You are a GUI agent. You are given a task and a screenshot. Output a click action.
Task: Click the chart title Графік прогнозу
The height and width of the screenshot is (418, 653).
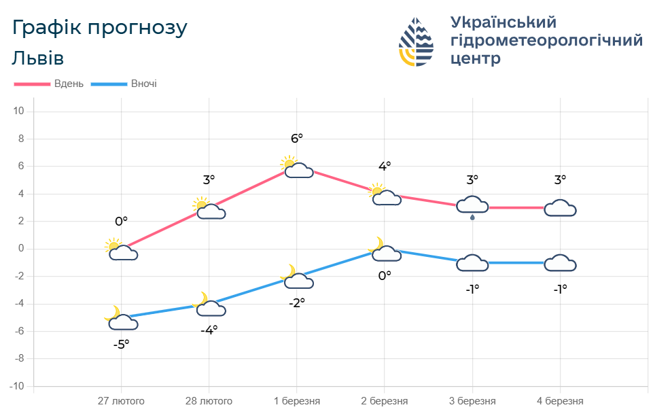pos(99,28)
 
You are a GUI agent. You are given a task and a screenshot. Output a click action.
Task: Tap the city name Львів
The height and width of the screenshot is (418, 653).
pos(38,58)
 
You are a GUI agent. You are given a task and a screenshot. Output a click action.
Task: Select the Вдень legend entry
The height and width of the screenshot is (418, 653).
pos(49,84)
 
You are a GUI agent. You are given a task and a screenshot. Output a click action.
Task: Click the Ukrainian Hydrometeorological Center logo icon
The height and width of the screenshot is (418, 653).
pos(416,41)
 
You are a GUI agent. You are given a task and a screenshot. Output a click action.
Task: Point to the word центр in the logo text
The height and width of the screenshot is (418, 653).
pos(476,58)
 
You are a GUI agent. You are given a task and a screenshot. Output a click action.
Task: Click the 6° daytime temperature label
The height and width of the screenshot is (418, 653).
pos(297,138)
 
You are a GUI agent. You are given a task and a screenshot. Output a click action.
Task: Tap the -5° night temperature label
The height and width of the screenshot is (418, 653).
pos(121,345)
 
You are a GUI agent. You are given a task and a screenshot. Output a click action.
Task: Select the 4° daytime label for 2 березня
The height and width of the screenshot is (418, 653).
pos(385,166)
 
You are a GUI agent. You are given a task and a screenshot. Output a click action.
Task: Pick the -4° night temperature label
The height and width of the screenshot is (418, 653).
pos(209,330)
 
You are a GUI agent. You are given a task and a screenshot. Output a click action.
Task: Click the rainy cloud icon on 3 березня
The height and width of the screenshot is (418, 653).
pos(472,207)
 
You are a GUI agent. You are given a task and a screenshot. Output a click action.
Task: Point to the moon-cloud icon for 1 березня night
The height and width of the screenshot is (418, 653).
pos(298,277)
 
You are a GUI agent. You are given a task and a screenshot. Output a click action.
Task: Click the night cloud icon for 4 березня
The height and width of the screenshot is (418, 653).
pos(561,263)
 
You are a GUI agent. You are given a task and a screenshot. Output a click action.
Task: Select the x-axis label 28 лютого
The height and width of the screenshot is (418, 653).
pos(209,401)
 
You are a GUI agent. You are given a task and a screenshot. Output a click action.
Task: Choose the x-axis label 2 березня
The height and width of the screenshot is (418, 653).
pos(385,401)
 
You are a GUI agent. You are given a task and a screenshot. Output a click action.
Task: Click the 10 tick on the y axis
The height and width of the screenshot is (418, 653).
pos(19,111)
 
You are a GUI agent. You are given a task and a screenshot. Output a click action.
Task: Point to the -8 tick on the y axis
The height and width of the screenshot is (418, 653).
pos(19,358)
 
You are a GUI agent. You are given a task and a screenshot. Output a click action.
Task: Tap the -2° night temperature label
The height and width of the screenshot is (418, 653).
pos(297,303)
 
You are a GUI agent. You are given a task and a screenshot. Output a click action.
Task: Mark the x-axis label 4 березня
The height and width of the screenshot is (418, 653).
pos(560,401)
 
